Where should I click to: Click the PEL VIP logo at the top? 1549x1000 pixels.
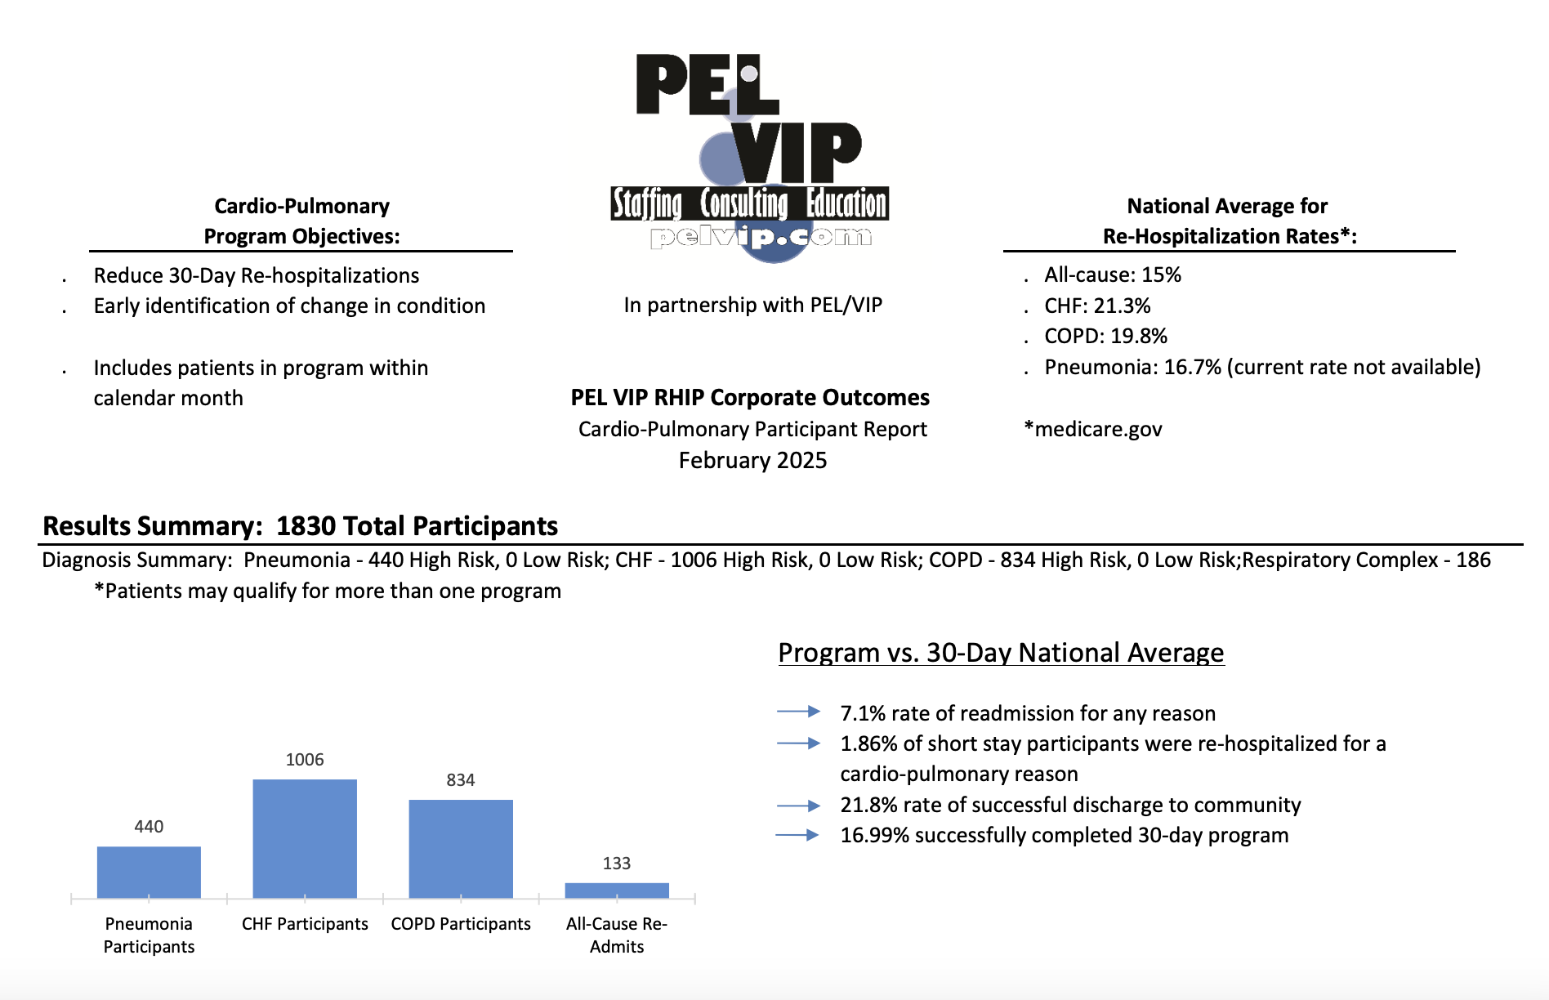pos(750,155)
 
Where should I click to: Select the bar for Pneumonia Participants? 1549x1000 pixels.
pos(149,872)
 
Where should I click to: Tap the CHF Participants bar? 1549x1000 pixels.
pos(305,838)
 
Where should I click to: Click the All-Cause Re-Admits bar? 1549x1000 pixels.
pos(617,891)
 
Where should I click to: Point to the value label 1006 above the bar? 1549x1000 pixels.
pos(305,760)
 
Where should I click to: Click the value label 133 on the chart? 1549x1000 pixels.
pos(617,864)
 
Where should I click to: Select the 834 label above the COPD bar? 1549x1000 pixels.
pos(461,780)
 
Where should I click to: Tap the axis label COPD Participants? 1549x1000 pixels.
pos(461,924)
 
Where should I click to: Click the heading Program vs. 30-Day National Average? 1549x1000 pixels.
pos(1001,653)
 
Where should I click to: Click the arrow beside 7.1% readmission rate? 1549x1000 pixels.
pos(798,712)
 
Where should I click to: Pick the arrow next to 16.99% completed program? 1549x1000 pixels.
pos(798,835)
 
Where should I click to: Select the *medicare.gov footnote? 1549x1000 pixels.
pos(1093,430)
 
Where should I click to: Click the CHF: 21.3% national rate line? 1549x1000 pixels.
pos(1097,306)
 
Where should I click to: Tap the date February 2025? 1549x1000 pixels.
pos(752,461)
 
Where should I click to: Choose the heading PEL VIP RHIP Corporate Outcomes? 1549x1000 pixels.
pos(750,398)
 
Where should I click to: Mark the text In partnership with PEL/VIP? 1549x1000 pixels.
pos(752,306)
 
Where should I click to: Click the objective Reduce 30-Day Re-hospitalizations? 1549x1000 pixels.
pos(257,276)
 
